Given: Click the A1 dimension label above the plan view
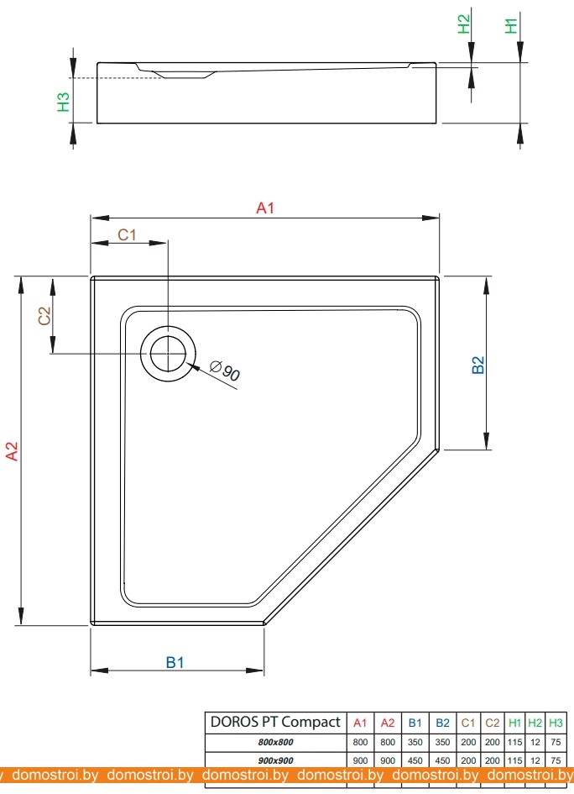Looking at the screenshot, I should (265, 208).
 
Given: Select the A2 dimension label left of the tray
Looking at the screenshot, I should (12, 451).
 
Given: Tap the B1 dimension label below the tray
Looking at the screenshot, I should (175, 662).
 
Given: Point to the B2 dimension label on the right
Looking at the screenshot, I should (478, 365).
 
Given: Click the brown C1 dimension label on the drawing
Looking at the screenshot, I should (127, 235).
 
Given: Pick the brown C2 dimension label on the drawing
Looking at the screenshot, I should (44, 317).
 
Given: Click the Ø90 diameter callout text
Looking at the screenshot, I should (225, 371).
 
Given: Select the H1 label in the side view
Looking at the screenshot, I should (511, 25).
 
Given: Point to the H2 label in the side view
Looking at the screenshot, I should (463, 25).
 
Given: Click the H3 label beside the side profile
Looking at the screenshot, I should (63, 102).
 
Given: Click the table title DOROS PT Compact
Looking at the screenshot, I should (275, 723).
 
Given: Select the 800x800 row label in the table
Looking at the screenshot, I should (275, 743).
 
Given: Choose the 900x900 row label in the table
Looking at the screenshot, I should (275, 760).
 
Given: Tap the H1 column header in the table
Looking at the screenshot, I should (514, 723).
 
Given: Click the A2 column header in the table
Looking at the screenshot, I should (388, 723).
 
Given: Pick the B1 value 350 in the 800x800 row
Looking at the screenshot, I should (415, 743).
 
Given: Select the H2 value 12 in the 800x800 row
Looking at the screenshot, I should (535, 743).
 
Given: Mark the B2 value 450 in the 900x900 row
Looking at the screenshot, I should (442, 760).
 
